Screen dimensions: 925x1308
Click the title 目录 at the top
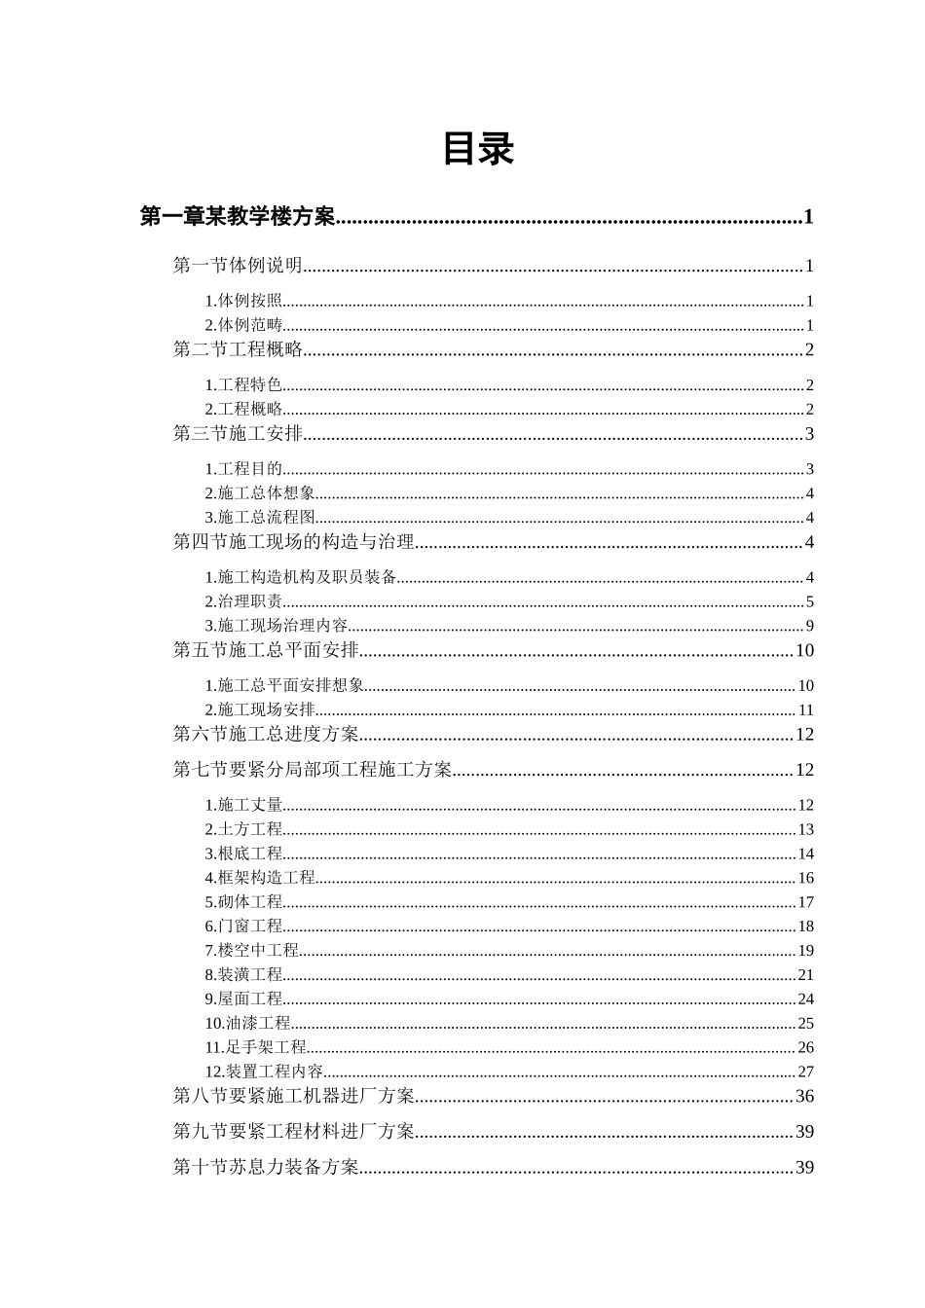point(477,149)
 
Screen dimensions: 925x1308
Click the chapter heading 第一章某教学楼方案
point(238,216)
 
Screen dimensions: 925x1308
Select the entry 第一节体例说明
point(238,265)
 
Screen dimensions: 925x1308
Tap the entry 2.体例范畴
point(243,325)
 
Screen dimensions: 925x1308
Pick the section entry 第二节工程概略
point(238,349)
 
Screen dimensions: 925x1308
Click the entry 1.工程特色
point(243,385)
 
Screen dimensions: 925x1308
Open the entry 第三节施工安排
point(238,433)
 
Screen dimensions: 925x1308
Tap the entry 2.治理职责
point(243,601)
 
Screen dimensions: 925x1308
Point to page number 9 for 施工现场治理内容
point(809,626)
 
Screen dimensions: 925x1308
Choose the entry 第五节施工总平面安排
point(266,650)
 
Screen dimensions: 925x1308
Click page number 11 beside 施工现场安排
point(805,710)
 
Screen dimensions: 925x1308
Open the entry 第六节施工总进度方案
point(266,734)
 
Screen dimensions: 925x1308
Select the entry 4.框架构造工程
point(260,878)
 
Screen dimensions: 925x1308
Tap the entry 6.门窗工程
point(243,926)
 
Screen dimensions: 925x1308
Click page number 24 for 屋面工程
point(805,999)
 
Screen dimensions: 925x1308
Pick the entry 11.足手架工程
point(256,1047)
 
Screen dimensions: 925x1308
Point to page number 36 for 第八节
point(804,1097)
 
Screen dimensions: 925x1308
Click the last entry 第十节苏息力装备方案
point(266,1167)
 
